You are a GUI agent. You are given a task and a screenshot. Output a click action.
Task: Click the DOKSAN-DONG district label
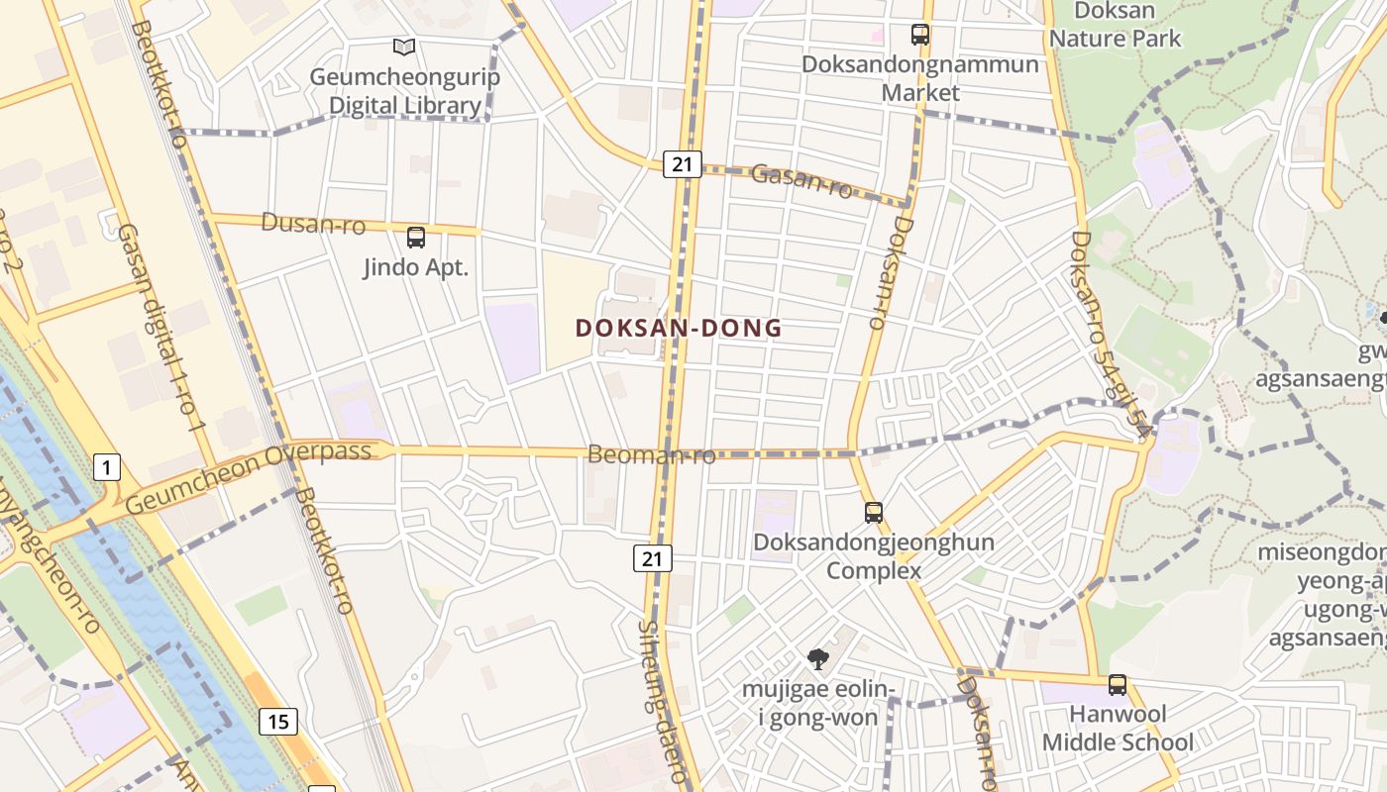click(679, 328)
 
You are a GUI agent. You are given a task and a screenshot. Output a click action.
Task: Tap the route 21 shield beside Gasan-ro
click(682, 164)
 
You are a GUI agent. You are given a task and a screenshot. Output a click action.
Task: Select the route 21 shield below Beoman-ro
click(653, 558)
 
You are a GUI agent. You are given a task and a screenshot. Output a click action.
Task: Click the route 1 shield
click(107, 466)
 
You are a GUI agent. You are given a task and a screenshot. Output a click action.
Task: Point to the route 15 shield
click(278, 722)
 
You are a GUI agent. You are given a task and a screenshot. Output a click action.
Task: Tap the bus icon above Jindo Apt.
click(416, 238)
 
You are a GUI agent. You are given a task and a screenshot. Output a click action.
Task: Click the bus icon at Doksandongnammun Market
click(920, 35)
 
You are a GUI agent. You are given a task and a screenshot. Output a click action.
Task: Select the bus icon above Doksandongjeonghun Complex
click(873, 512)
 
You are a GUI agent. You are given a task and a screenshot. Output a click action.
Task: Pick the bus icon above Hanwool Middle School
click(1118, 684)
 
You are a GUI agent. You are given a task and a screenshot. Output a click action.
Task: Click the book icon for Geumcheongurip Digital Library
click(404, 47)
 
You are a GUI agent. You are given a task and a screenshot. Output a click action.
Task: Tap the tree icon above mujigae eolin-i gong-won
click(817, 658)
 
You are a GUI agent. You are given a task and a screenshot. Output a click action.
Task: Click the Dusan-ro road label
click(313, 225)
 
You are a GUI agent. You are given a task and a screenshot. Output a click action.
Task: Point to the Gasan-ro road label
click(801, 181)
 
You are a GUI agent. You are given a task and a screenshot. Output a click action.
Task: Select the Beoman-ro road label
click(651, 455)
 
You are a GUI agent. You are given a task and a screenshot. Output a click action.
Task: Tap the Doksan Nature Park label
click(1116, 26)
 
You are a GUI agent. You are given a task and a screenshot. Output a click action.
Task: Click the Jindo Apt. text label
click(416, 267)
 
